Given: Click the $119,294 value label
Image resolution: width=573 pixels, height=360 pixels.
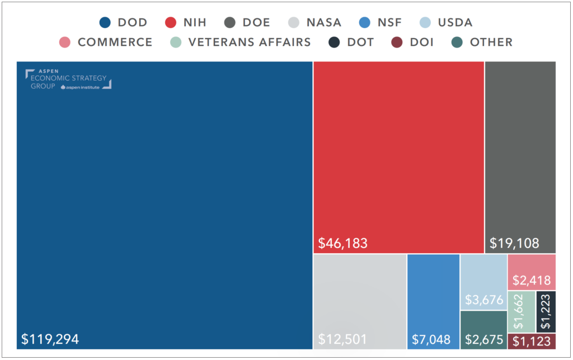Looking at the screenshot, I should pos(50,339).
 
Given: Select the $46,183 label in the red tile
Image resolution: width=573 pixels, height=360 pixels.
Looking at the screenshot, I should pos(343,243).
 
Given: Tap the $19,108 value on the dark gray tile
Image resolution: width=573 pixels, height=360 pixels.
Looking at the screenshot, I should pos(514,243).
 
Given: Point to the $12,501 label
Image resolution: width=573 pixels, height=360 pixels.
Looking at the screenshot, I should pos(343,339).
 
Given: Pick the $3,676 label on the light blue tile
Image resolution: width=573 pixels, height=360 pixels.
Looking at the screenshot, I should pos(482,300).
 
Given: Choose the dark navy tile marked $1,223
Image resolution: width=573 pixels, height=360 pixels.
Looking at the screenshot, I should pos(546,311).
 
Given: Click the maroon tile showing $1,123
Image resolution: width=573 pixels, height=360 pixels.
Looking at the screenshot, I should pos(532,341).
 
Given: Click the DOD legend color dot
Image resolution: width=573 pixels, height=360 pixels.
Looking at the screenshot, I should pos(105,23).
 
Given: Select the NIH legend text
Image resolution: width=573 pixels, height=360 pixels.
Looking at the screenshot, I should pos(195,23).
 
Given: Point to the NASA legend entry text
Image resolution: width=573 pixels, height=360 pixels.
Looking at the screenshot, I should pos(323,23).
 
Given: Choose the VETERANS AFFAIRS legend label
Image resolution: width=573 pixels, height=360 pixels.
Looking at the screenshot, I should pos(249,43).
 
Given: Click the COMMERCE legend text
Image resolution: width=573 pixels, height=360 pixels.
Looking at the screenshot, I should pos(115,43).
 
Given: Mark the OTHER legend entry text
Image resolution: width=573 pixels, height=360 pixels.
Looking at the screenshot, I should pos(491,43).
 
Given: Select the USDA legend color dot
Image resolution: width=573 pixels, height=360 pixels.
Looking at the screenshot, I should pos(426,23).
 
